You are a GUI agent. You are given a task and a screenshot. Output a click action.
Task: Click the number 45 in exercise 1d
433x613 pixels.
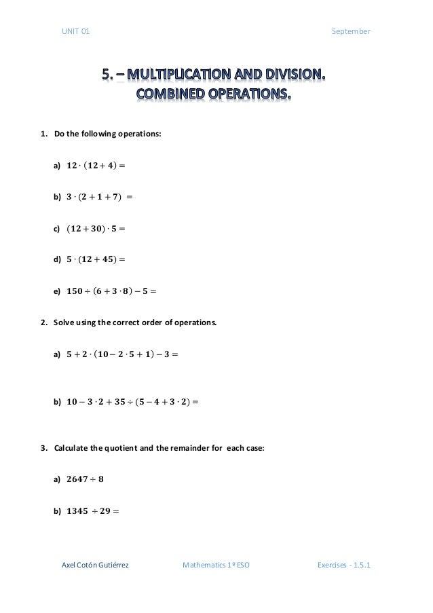coord(112,259)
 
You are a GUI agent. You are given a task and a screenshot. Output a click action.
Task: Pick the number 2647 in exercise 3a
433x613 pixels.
coord(80,479)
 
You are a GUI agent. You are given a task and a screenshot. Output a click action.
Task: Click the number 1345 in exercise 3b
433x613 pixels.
coord(80,510)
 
